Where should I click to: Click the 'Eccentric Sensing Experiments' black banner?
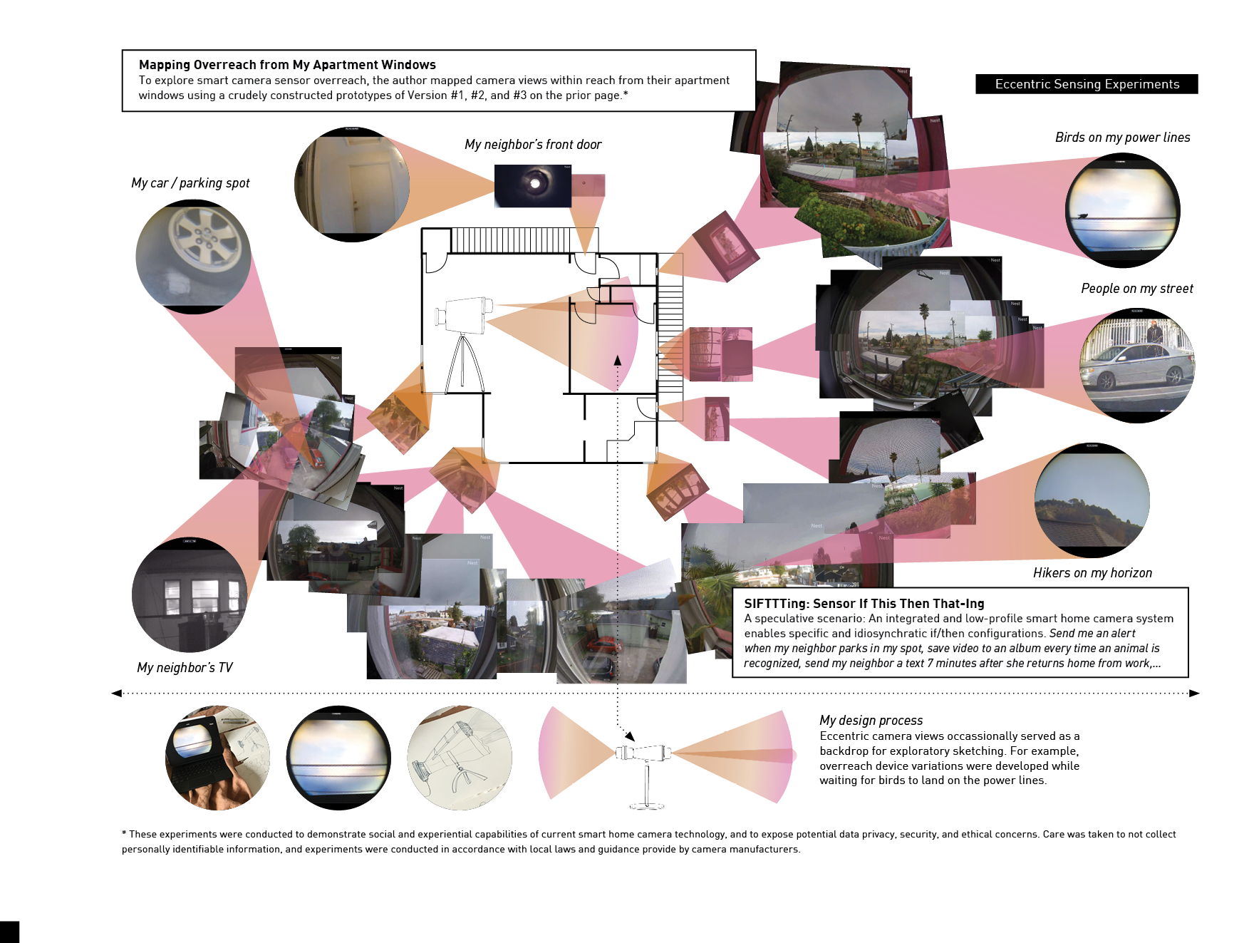tap(1087, 84)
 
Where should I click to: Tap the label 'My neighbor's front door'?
tap(533, 145)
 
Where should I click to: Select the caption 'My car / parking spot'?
tap(190, 183)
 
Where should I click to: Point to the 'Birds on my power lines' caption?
tap(1122, 138)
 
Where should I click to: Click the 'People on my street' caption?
tap(1136, 289)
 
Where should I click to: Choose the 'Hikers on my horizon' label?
tap(1092, 573)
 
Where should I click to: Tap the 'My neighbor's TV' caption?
tap(185, 668)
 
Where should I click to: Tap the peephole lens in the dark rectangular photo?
tap(535, 184)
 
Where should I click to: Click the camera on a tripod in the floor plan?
tap(464, 335)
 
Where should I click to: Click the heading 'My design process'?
tap(871, 721)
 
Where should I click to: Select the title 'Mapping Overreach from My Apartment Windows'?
tap(287, 65)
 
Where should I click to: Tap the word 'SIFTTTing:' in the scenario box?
tap(776, 604)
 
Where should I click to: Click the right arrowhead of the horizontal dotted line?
tap(1194, 693)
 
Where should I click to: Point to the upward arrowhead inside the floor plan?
tap(618, 361)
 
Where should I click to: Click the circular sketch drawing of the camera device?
tap(460, 758)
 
